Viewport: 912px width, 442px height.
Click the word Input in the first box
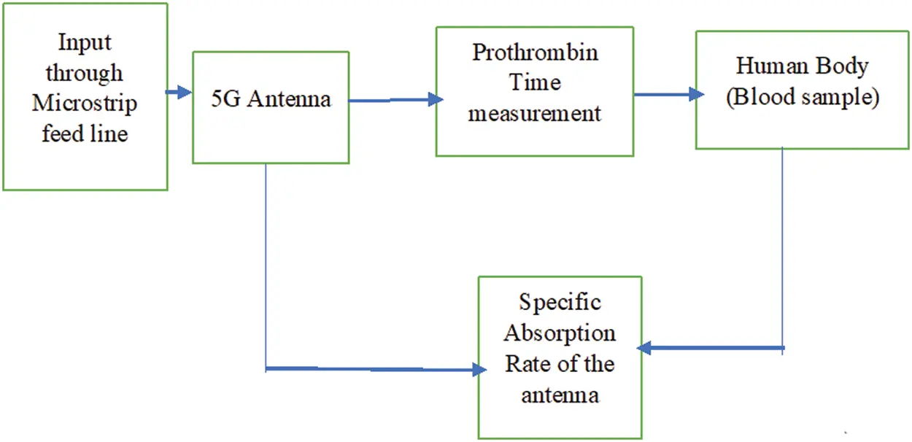(x=85, y=43)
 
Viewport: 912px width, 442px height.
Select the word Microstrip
(x=85, y=104)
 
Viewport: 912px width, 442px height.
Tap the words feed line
(x=85, y=133)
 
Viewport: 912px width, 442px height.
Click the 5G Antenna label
(x=271, y=99)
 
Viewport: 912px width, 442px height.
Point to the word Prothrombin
(x=535, y=53)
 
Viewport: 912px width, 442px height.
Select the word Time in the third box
(x=535, y=82)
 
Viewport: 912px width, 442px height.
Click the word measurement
(x=535, y=114)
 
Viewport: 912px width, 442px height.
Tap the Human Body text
(x=802, y=66)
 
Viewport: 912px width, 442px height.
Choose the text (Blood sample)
(x=803, y=97)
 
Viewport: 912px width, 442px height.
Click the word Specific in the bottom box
(x=560, y=303)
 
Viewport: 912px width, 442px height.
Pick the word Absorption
(x=560, y=334)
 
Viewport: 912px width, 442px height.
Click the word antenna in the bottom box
(x=560, y=395)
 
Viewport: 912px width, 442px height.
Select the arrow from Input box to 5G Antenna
(x=178, y=92)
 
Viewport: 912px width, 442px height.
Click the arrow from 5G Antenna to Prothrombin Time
(x=396, y=100)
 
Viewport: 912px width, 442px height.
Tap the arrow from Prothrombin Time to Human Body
(x=669, y=94)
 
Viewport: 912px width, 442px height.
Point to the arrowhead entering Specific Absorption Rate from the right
(x=644, y=348)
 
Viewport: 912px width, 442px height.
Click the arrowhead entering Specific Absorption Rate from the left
(x=479, y=370)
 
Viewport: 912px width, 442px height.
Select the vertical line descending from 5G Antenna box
(x=266, y=267)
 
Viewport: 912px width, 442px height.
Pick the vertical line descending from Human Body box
(x=782, y=250)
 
